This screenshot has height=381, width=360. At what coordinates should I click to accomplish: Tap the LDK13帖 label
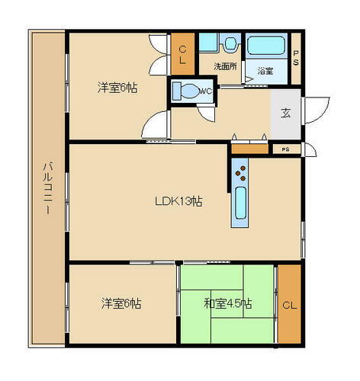point(178,202)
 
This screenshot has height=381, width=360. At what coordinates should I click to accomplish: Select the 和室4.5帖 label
point(228,303)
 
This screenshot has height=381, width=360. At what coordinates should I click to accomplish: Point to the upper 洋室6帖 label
point(117,88)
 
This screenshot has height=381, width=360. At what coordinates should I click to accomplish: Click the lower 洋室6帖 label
point(121,303)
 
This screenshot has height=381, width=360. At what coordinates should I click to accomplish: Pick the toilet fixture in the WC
point(185,91)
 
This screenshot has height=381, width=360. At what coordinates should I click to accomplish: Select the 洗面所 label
point(225,66)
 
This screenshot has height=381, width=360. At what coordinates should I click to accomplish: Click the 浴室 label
point(265,72)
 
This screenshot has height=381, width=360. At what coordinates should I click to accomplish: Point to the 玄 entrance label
point(285,113)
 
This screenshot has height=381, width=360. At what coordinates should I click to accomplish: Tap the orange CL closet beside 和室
point(289,305)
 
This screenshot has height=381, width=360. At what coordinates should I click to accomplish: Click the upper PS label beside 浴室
point(297,57)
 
